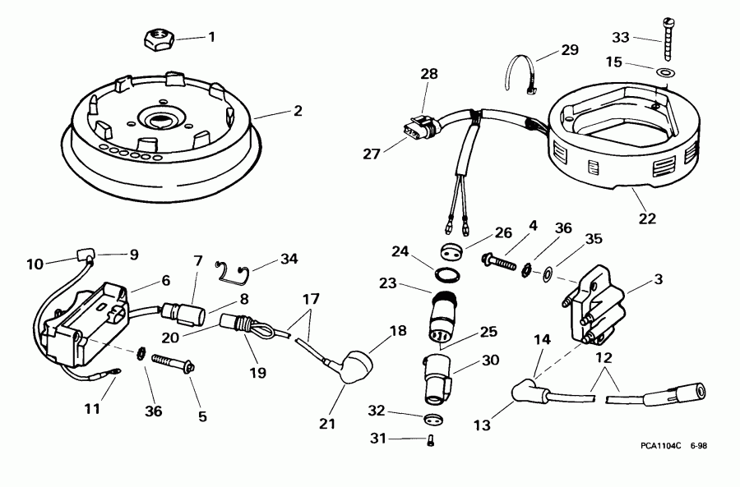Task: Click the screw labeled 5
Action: (172, 362)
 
